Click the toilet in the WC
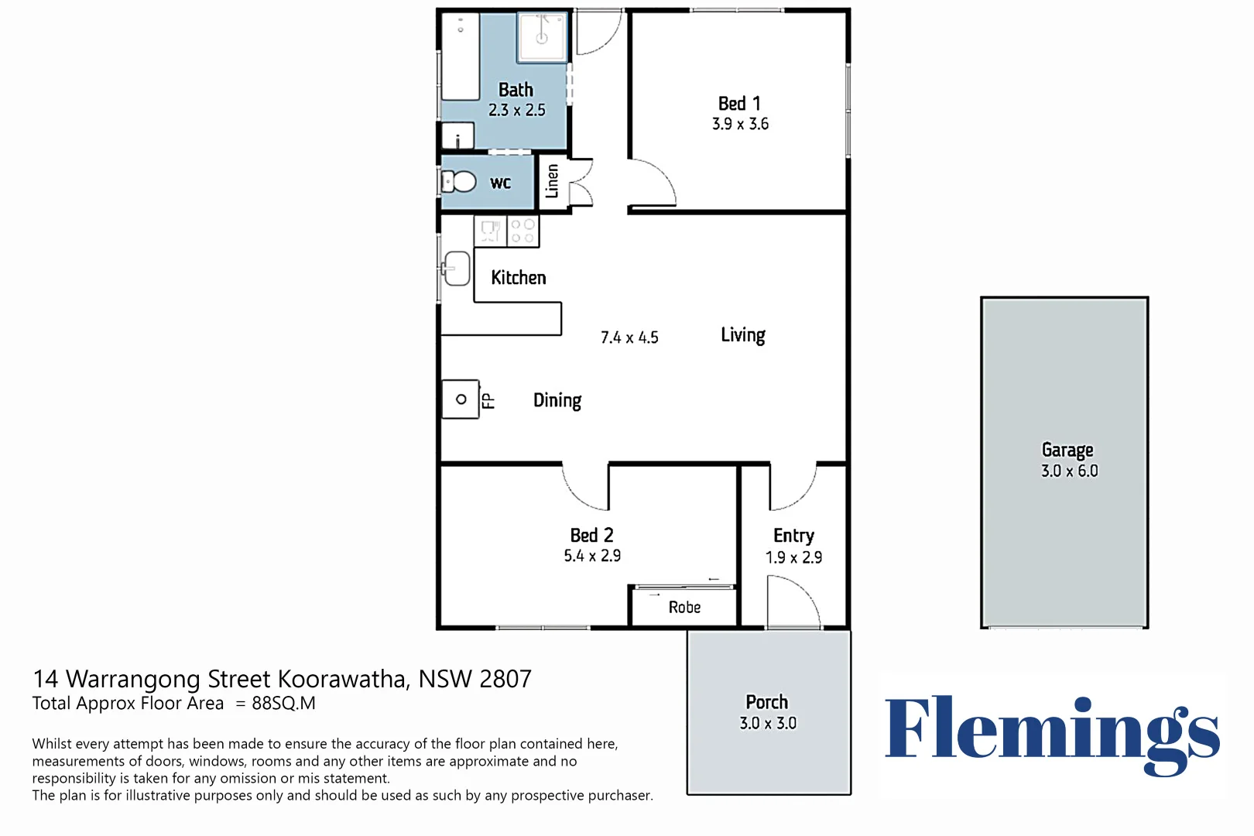click(x=458, y=182)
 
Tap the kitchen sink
click(x=457, y=269)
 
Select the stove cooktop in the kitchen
click(x=522, y=231)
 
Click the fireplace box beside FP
click(x=461, y=399)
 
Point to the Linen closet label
click(x=552, y=181)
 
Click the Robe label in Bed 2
click(x=684, y=607)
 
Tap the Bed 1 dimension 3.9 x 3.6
click(x=740, y=124)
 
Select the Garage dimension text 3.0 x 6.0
click(x=1069, y=471)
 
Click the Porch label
click(x=766, y=702)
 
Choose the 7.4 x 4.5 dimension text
click(x=629, y=337)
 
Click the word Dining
click(x=557, y=401)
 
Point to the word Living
click(x=743, y=335)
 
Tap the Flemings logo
click(x=1053, y=734)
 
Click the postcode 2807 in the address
click(x=505, y=679)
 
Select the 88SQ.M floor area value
click(x=283, y=704)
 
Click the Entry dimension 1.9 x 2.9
click(x=793, y=557)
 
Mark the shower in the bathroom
click(x=542, y=36)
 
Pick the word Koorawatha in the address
click(x=341, y=679)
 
